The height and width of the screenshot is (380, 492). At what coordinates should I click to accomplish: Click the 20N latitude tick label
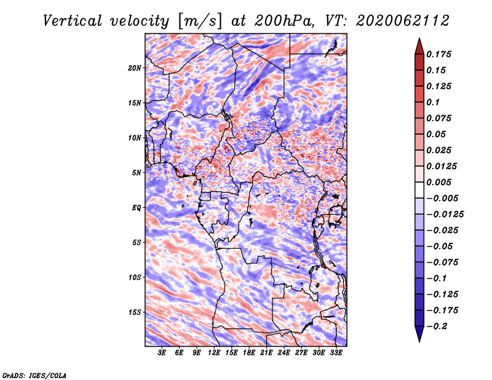pyautogui.click(x=135, y=68)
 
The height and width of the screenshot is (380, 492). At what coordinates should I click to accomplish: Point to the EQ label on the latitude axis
pyautogui.click(x=137, y=208)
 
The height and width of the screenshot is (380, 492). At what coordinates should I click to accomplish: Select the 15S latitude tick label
pyautogui.click(x=135, y=312)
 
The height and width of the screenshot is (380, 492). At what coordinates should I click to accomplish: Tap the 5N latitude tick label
pyautogui.click(x=137, y=173)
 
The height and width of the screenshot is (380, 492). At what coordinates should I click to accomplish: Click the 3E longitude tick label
pyautogui.click(x=162, y=352)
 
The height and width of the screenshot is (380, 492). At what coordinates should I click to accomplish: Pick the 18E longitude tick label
pyautogui.click(x=249, y=352)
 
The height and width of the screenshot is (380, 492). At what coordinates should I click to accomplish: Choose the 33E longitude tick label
pyautogui.click(x=336, y=352)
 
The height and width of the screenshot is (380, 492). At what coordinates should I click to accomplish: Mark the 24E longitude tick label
pyautogui.click(x=284, y=352)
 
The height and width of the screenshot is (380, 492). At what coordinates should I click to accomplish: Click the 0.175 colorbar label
pyautogui.click(x=438, y=54)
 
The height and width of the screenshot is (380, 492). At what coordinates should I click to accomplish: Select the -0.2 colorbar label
pyautogui.click(x=437, y=327)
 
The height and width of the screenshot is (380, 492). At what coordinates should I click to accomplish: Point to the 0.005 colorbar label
pyautogui.click(x=438, y=182)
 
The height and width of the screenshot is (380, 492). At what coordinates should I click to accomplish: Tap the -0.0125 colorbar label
pyautogui.click(x=445, y=215)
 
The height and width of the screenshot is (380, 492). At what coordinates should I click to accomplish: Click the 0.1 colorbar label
pyautogui.click(x=433, y=102)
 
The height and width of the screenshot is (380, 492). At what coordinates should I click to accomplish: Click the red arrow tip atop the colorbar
pyautogui.click(x=419, y=39)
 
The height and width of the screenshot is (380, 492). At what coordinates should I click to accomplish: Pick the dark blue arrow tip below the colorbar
pyautogui.click(x=419, y=341)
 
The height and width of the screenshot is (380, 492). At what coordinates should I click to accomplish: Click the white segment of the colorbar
pyautogui.click(x=419, y=190)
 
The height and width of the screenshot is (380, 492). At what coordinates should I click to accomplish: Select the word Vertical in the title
pyautogui.click(x=73, y=21)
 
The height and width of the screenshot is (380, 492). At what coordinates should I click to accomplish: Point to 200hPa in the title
pyautogui.click(x=284, y=21)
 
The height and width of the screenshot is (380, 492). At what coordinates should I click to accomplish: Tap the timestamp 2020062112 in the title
pyautogui.click(x=403, y=21)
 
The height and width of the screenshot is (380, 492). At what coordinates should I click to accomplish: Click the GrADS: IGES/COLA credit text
pyautogui.click(x=34, y=375)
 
